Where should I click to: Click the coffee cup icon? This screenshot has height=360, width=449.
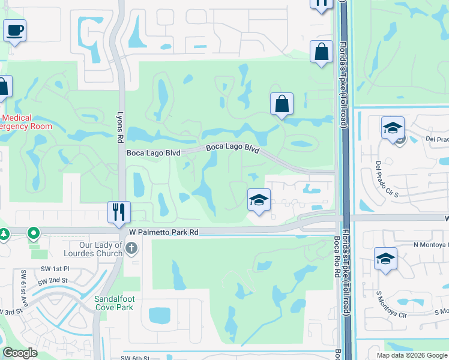tap(14, 29)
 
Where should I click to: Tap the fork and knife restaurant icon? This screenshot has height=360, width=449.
tap(118, 211)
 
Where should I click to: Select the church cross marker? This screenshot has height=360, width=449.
tap(131, 247)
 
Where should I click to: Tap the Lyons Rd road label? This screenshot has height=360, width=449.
tap(119, 116)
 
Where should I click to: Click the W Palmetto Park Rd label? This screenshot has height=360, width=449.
tap(163, 232)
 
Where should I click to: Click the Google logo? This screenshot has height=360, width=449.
tap(20, 353)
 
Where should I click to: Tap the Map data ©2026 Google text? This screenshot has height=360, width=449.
tap(411, 355)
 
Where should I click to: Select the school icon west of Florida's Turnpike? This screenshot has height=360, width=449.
tap(259, 200)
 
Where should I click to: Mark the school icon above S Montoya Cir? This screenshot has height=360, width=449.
tap(385, 259)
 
